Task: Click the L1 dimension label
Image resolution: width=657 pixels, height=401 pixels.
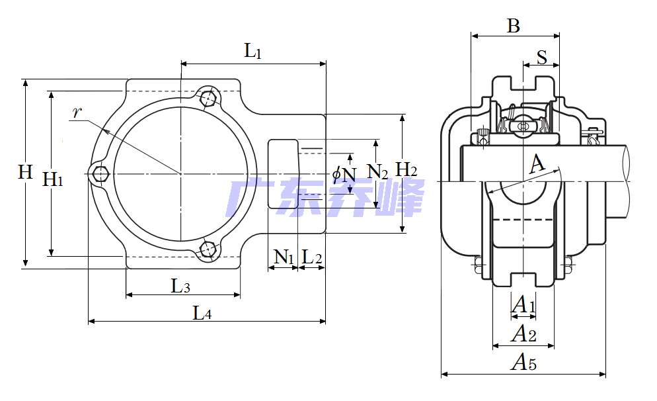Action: [x=253, y=51]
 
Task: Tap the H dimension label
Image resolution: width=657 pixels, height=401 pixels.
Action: [x=25, y=173]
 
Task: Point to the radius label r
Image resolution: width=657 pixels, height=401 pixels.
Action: [x=77, y=112]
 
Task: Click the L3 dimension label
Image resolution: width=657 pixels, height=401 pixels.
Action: [x=180, y=287]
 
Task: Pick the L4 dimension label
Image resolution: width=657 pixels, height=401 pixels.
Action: [x=202, y=314]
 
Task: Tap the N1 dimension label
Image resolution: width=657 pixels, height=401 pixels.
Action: [x=284, y=257]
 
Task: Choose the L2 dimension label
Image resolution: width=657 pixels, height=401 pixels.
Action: [x=311, y=257]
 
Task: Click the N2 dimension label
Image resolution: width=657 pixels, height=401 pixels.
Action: [x=377, y=173]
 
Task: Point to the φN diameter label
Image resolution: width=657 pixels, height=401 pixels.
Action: [x=344, y=175]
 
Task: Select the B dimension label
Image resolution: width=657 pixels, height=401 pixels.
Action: [x=514, y=26]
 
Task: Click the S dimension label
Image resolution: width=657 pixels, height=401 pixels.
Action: [x=542, y=58]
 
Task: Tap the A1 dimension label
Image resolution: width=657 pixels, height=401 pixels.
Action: [x=523, y=305]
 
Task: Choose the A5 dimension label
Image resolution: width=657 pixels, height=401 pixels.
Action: [x=524, y=363]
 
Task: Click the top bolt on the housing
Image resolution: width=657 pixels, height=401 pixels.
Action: [x=210, y=97]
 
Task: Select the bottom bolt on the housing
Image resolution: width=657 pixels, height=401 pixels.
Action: [x=209, y=250]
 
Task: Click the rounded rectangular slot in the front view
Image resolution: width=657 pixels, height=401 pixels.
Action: [x=283, y=174]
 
